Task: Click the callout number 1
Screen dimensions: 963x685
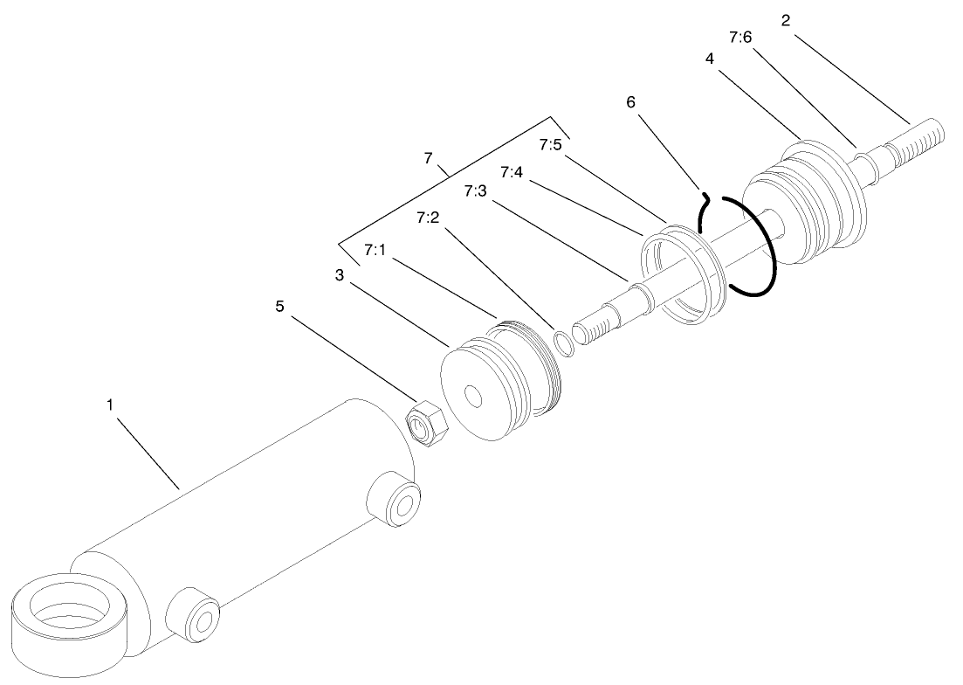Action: point(110,405)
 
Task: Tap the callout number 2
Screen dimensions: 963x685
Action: point(786,21)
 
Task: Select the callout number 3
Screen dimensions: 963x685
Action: point(340,275)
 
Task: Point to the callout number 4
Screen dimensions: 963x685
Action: point(710,59)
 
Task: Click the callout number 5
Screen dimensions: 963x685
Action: point(280,306)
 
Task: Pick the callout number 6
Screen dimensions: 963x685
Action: point(630,102)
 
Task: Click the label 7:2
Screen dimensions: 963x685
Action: point(428,218)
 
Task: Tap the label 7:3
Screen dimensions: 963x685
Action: point(475,191)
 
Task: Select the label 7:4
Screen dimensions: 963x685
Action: point(512,172)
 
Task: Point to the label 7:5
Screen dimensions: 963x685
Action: point(550,145)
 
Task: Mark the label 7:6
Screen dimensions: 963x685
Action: point(740,38)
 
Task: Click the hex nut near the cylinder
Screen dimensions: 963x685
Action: point(428,423)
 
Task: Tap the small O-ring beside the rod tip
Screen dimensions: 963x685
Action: point(564,342)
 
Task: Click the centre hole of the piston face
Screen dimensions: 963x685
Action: point(473,396)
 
